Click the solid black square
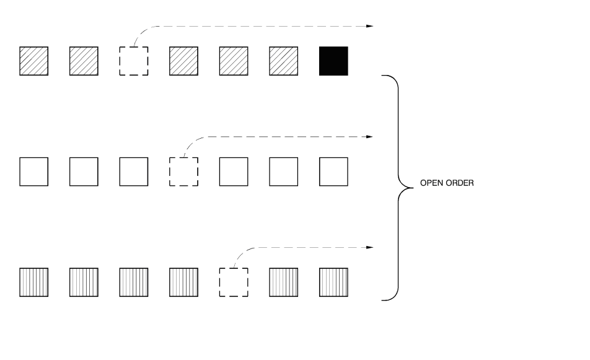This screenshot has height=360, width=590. point(333,61)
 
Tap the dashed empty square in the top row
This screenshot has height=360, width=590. point(134,61)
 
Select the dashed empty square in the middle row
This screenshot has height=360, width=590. point(183,172)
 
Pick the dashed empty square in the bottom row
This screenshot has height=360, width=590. point(234,283)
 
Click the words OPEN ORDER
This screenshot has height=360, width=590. point(447,184)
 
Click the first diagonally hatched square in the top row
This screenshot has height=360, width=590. point(34,61)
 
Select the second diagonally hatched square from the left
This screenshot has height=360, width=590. point(84,61)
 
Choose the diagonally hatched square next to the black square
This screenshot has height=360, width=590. point(283,61)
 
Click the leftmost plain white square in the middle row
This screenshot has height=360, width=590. point(34,172)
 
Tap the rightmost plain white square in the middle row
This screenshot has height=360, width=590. point(333,172)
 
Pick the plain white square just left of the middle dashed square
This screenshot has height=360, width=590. point(134,172)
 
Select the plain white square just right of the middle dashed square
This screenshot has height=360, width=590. point(234,172)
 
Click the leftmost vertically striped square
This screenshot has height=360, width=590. point(34,283)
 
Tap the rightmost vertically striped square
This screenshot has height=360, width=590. point(333,283)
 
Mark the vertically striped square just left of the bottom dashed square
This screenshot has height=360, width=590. point(183,283)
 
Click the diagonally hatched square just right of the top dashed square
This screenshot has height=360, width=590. point(183,61)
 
